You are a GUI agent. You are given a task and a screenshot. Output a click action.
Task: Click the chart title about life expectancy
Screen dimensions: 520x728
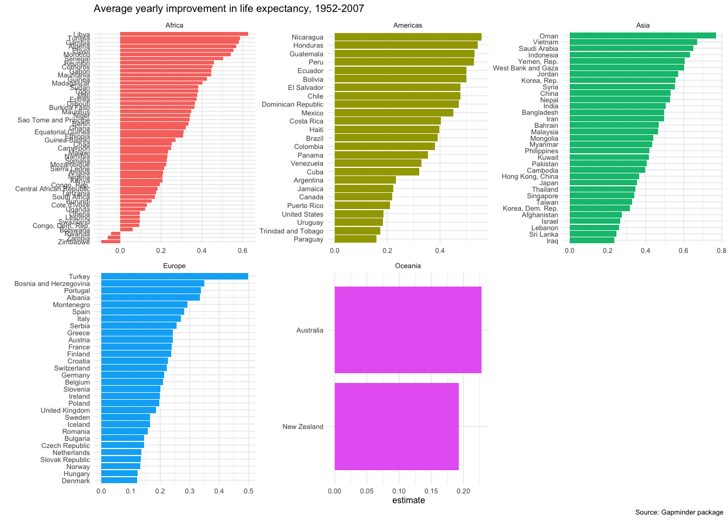229,9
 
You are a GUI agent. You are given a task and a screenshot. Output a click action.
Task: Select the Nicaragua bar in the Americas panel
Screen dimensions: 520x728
407,37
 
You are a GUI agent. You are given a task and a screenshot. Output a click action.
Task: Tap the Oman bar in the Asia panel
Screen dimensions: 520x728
642,36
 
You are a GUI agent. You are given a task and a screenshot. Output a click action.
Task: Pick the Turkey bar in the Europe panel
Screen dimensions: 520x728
174,276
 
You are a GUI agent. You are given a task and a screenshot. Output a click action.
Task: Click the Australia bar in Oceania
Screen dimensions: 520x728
407,330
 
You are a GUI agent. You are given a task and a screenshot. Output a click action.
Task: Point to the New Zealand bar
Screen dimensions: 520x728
396,426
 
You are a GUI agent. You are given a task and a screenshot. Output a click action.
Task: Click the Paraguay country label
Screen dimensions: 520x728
308,239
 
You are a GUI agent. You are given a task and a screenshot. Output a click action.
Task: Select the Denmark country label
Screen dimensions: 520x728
76,481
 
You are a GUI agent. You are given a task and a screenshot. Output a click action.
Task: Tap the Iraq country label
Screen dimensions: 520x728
552,241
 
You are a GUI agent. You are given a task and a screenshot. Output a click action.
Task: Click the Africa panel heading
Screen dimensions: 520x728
174,25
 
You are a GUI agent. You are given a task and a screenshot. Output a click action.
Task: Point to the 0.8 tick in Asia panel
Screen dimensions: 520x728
721,251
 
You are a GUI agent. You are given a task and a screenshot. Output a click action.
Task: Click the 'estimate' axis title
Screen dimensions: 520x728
408,500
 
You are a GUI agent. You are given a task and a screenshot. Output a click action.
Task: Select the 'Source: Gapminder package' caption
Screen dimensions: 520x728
679,512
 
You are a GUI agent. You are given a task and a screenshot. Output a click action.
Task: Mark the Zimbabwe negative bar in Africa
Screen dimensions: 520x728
110,242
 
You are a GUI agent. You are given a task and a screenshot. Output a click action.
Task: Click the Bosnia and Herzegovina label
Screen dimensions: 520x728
53,284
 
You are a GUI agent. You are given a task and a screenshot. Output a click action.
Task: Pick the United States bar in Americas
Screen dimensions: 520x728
359,214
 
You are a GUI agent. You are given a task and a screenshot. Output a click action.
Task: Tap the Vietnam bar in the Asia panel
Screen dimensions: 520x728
633,42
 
